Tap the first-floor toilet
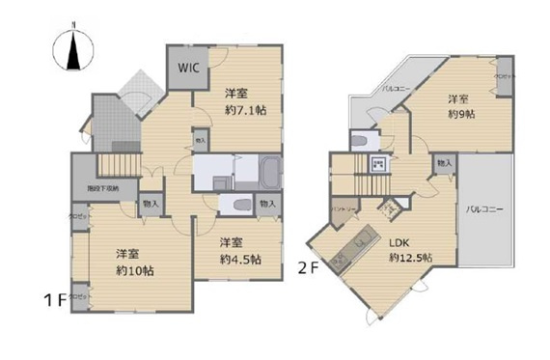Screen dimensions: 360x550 pos(238,204)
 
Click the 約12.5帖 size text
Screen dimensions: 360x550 pos(409,259)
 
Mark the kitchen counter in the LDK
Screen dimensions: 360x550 pos(351,247)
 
